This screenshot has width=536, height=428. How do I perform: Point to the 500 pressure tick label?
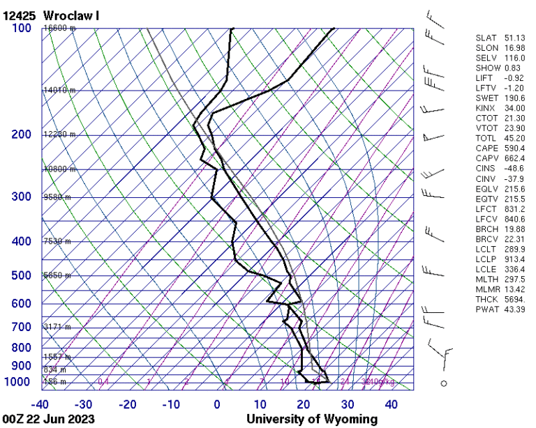[x=22, y=275]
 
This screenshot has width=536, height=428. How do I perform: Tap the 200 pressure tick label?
[x=22, y=135]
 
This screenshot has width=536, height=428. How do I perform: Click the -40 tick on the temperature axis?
[x=40, y=404]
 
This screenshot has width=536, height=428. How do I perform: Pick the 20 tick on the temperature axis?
[x=304, y=404]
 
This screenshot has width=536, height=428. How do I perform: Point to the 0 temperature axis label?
[x=217, y=404]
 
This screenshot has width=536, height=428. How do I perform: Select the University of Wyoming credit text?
[x=311, y=420]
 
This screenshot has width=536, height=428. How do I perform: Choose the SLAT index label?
[x=486, y=38]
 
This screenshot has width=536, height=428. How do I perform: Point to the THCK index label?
[x=486, y=299]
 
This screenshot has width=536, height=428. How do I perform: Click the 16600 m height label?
[x=59, y=28]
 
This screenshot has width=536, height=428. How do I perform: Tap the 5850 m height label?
[x=57, y=275]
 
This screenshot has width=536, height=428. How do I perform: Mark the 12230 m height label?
[x=59, y=135]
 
